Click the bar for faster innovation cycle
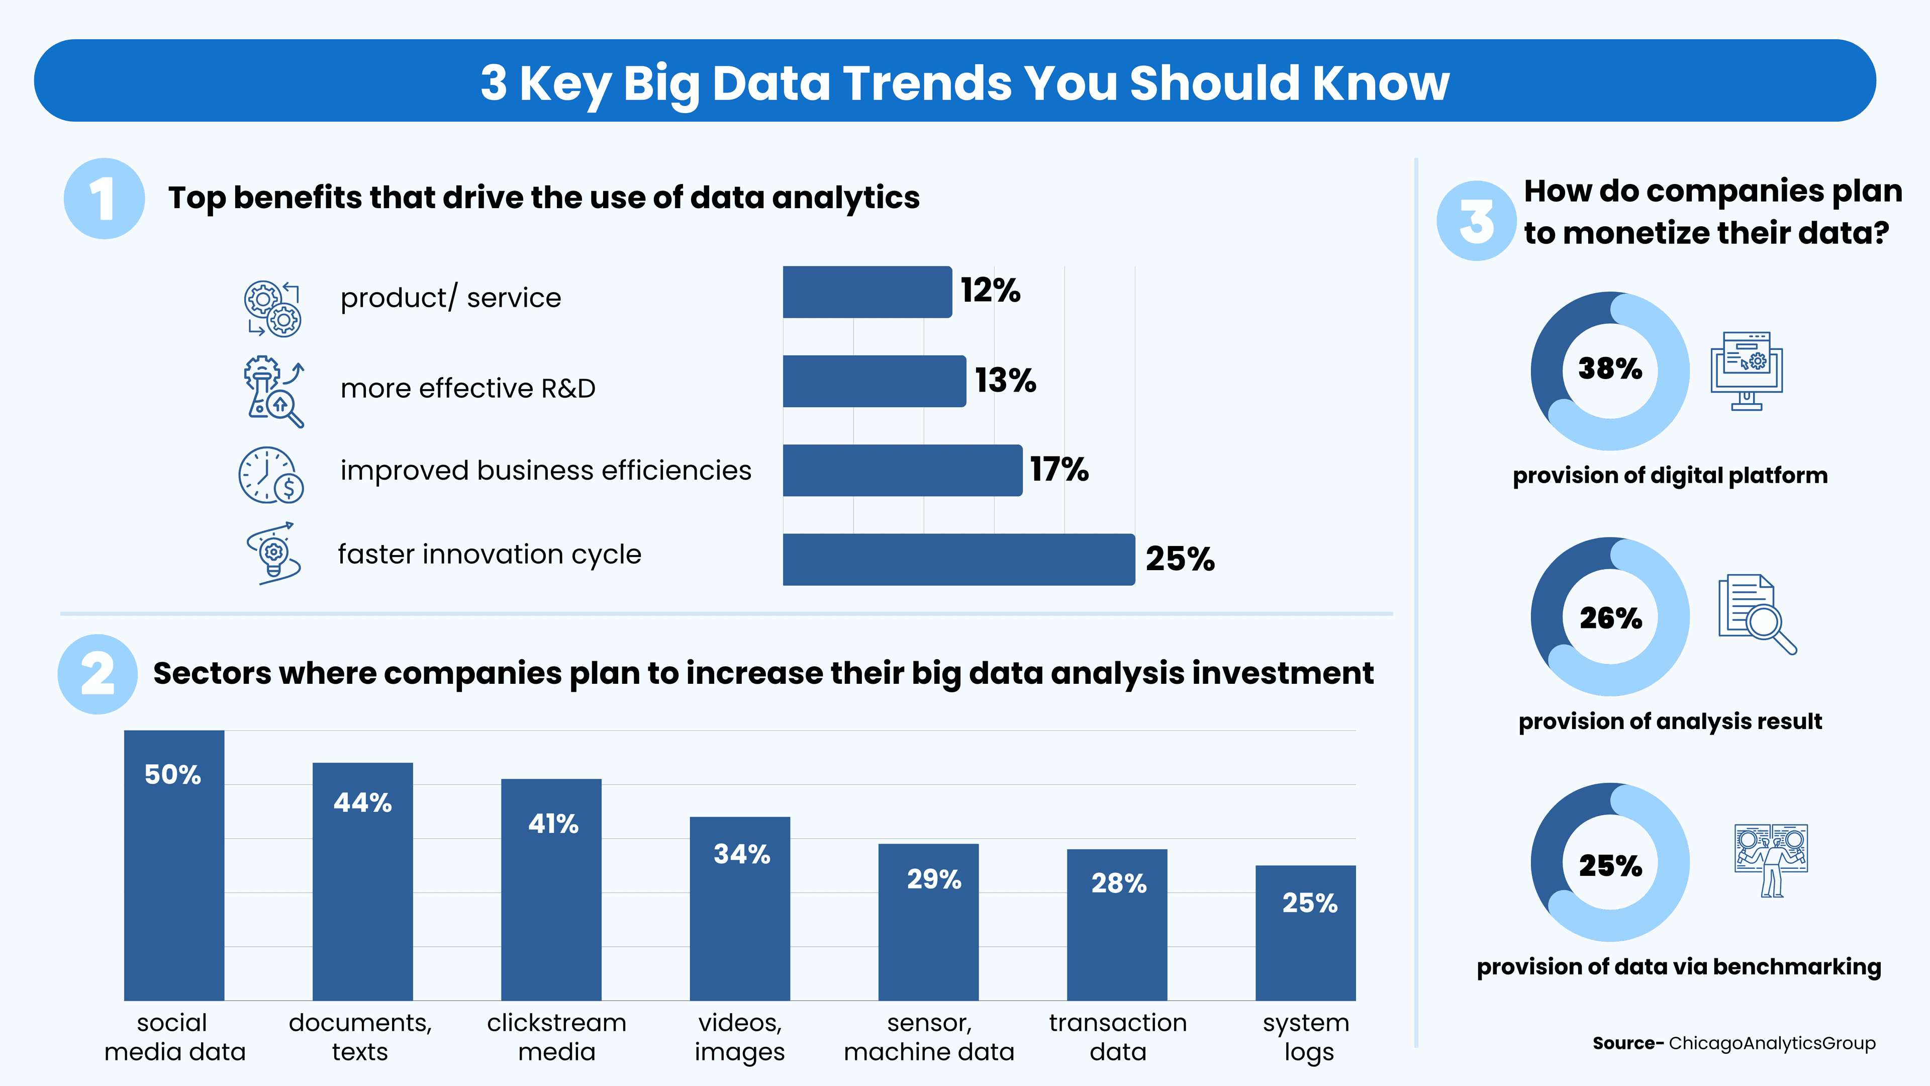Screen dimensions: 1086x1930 tap(958, 559)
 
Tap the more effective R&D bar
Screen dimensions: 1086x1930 tap(874, 381)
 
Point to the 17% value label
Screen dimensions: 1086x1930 tap(1058, 470)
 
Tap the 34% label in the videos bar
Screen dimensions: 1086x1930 tap(741, 854)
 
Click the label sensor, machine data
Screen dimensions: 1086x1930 tap(928, 1037)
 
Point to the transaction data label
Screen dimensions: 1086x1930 tap(1118, 1037)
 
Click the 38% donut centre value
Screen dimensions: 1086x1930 tap(1609, 369)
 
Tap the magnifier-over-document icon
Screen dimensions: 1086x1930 tap(1756, 614)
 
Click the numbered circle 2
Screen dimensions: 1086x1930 tap(98, 674)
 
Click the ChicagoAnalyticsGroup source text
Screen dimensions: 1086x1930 tap(1772, 1043)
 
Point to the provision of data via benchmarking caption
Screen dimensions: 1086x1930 tap(1678, 967)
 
